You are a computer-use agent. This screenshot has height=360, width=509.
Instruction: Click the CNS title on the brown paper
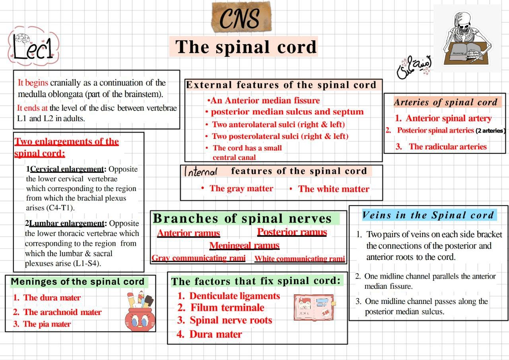240,18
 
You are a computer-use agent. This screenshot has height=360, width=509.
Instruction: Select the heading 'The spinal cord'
246,47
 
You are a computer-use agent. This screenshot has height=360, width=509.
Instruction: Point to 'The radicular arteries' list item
447,147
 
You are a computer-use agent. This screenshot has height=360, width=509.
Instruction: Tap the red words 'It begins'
33,83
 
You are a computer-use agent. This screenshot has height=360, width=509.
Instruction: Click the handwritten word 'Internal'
200,171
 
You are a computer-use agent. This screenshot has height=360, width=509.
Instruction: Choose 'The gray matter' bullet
241,189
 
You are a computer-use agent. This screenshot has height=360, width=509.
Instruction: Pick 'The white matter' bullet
333,189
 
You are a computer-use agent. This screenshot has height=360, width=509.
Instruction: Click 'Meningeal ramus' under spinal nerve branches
244,245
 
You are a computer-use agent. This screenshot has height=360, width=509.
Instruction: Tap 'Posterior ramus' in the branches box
292,232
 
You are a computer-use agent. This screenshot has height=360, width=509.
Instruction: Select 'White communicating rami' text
299,259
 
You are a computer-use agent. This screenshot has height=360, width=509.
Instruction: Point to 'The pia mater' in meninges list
47,324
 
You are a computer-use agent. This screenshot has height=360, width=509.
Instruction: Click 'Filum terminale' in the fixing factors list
227,308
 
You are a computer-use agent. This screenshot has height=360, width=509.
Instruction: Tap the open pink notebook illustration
314,307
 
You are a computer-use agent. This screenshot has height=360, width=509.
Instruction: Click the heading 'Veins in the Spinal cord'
428,216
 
